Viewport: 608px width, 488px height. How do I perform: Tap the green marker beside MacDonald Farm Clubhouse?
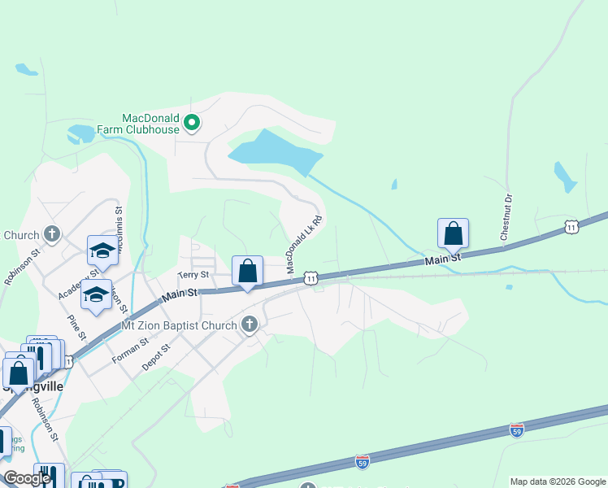click(x=193, y=124)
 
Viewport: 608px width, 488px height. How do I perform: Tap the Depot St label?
click(x=154, y=359)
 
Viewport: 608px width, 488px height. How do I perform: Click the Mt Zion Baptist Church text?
click(x=179, y=325)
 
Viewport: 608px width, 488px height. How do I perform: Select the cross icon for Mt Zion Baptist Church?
click(x=250, y=325)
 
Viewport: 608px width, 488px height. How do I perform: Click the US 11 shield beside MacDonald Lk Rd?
click(x=311, y=279)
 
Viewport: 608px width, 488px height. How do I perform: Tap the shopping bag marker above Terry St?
click(x=247, y=271)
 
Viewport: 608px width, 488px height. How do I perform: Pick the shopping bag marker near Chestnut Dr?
click(x=453, y=233)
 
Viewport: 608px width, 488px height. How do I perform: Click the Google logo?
click(x=28, y=478)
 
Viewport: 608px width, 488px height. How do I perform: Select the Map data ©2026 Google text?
click(x=558, y=481)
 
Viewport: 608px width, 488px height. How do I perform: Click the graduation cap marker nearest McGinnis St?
click(x=102, y=251)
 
